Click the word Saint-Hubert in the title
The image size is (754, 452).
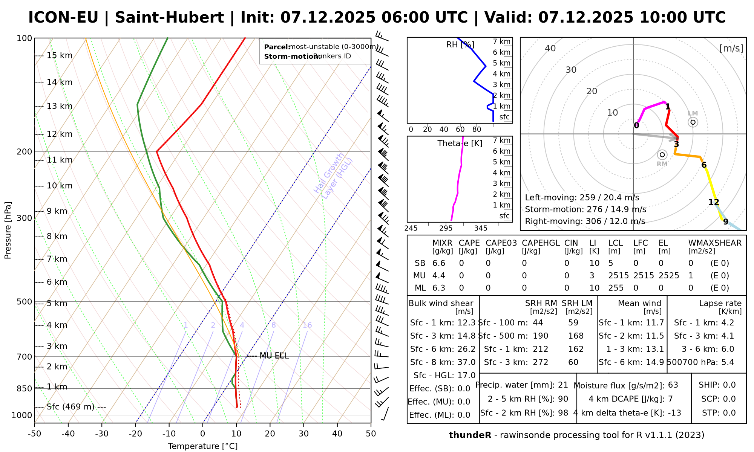point(169,18)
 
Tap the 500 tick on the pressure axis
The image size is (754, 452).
point(24,302)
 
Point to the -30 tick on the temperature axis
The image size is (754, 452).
point(102,434)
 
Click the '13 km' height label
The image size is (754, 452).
point(59,106)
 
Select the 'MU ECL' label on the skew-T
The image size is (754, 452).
point(274,356)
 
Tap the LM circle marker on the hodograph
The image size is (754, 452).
point(693,122)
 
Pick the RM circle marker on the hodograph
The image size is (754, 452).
point(662,155)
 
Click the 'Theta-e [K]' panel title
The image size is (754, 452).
point(460,144)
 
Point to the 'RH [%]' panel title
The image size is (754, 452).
point(460,45)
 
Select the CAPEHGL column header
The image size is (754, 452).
point(541,243)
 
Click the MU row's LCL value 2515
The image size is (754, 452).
point(618,276)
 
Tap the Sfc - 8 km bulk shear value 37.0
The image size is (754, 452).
point(466,362)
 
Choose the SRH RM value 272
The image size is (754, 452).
point(540,362)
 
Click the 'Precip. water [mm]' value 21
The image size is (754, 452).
point(563,385)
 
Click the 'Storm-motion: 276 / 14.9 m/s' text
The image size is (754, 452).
point(585,209)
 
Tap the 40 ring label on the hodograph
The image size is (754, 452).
point(550,48)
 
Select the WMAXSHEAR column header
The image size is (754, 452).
point(715,243)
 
